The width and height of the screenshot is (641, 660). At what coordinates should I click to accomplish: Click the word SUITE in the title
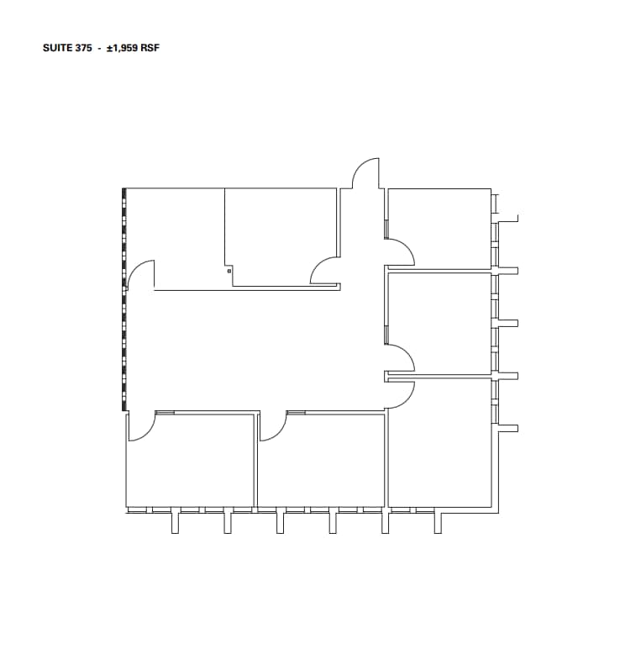tap(55, 48)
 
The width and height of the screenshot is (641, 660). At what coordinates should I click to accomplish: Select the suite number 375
tap(82, 48)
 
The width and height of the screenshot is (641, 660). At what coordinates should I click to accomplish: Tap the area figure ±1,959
tap(121, 48)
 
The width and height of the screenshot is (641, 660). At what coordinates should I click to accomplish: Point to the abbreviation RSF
tap(150, 48)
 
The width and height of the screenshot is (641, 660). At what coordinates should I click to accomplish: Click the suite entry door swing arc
tap(365, 172)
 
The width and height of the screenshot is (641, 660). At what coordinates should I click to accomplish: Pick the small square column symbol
tap(229, 271)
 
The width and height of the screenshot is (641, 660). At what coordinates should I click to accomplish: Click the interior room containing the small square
tap(281, 235)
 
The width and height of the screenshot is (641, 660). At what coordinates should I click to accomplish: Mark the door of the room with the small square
tap(324, 270)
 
